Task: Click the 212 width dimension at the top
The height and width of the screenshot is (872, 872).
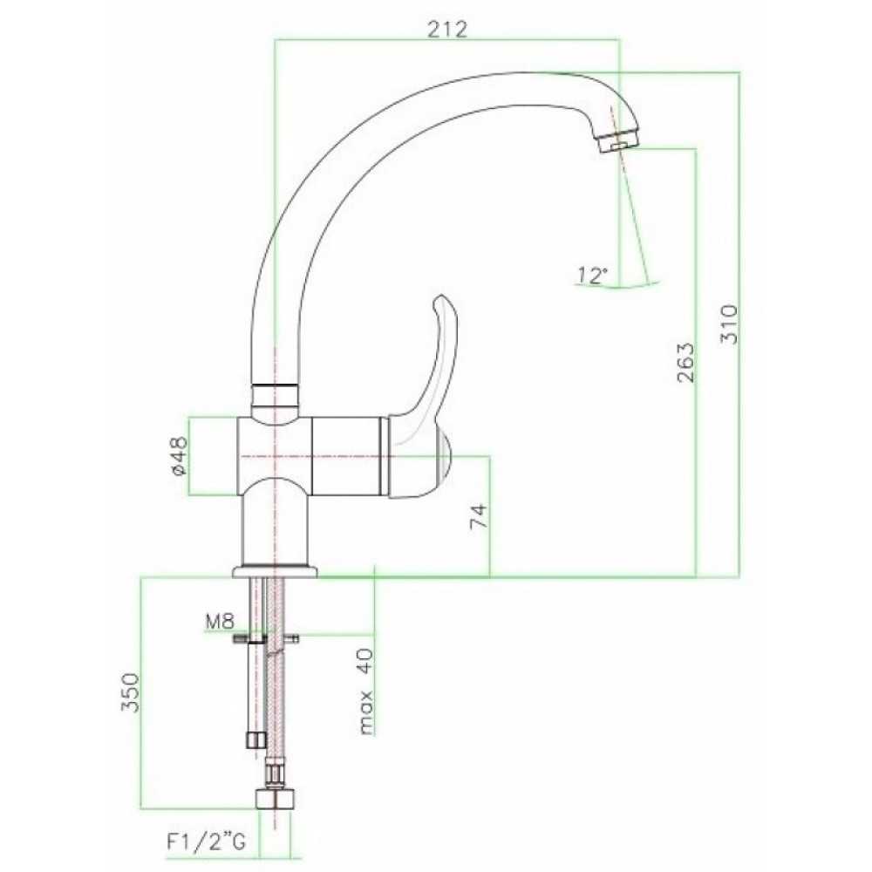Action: [x=447, y=30]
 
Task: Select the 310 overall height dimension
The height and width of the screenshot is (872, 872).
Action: [x=729, y=324]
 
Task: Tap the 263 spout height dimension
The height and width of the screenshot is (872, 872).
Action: [x=686, y=362]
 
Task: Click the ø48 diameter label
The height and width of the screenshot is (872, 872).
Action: [x=181, y=455]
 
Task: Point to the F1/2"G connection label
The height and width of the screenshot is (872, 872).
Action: [x=206, y=843]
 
